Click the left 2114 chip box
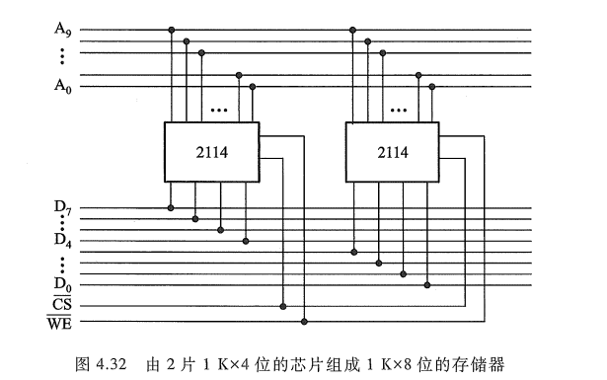pos(211,152)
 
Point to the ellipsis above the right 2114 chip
pos(402,109)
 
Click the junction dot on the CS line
pos(284,306)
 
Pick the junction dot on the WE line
pos(304,322)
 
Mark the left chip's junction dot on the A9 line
pos(172,30)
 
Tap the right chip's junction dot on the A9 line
pos(351,30)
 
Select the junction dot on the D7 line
pos(171,208)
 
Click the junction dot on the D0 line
pos(426,285)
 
